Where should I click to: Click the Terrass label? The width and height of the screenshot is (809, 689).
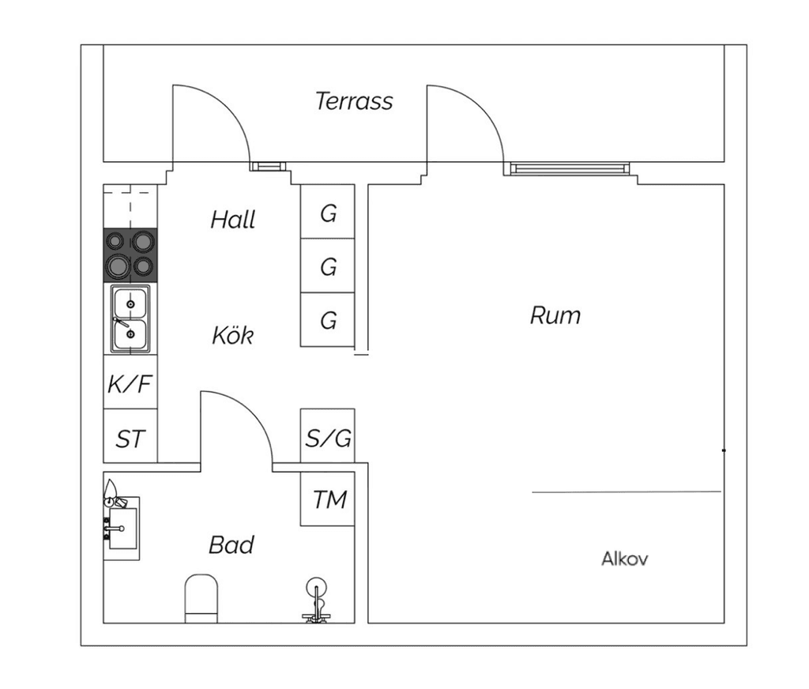pos(354,101)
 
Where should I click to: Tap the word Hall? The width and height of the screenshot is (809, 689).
pos(233,220)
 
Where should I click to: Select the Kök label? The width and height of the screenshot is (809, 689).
pos(233,336)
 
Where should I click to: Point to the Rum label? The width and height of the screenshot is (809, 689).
pos(555,315)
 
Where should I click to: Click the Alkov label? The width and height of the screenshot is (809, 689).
pos(625,559)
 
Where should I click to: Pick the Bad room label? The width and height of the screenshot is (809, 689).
pos(231,545)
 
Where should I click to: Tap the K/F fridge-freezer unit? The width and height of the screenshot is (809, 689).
pos(130,382)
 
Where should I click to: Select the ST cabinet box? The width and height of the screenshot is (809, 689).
pos(130,436)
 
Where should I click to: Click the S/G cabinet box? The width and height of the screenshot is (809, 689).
pos(328,435)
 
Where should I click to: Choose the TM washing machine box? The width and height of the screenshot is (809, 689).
pos(328,499)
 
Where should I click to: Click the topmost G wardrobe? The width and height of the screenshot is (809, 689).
pos(328,212)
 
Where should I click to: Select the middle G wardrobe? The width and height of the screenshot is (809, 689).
pos(328,265)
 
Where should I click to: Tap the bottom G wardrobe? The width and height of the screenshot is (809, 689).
pos(328,319)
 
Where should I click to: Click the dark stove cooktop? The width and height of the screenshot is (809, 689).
pos(130,255)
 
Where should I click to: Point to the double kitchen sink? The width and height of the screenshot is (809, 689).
pos(130,319)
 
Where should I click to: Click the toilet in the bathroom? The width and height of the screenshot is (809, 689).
pos(201,599)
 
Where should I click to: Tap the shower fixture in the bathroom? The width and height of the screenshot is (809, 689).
pos(316,600)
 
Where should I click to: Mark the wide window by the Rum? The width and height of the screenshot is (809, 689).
pos(570,168)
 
